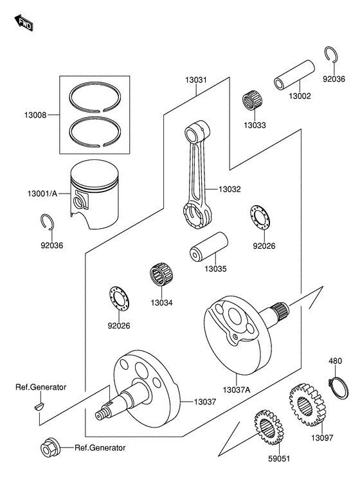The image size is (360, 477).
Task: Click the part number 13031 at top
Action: [x=196, y=80]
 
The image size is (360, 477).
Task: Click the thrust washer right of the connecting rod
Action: [x=260, y=220]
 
